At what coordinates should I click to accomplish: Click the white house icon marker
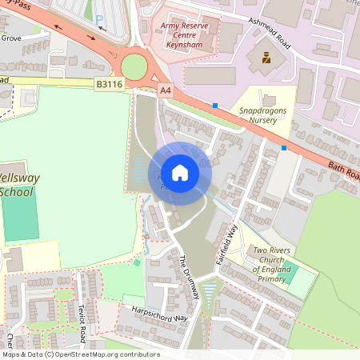(x=180, y=173)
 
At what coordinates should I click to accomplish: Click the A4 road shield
(x=165, y=91)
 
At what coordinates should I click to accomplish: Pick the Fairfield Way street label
(x=234, y=238)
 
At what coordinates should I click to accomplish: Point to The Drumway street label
(x=188, y=278)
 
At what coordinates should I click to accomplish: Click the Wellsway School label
(x=16, y=185)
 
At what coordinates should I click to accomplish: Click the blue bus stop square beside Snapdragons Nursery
(x=215, y=105)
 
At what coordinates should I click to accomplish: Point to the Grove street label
(x=11, y=37)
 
